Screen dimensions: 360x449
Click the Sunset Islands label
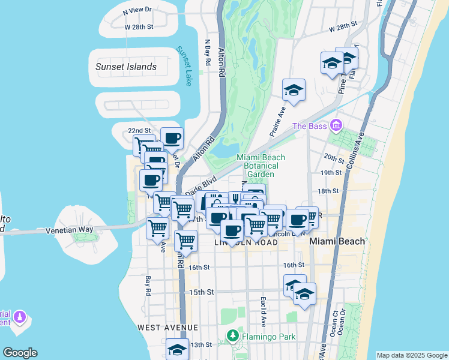point(126,67)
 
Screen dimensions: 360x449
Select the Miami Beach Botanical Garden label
point(261,166)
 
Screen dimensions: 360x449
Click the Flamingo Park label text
point(269,337)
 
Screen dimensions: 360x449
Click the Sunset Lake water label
point(184,66)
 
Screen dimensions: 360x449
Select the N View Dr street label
point(137,11)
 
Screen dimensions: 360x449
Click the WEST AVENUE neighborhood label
point(167,328)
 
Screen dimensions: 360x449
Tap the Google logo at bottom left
point(20,353)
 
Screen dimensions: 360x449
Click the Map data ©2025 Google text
point(411,355)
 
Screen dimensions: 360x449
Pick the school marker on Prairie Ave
point(294,90)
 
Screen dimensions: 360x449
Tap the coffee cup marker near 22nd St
point(172,138)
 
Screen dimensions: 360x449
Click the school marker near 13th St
point(177,348)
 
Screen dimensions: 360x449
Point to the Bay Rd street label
point(148,286)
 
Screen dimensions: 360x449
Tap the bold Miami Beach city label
point(337,241)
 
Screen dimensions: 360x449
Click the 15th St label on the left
point(202,292)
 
